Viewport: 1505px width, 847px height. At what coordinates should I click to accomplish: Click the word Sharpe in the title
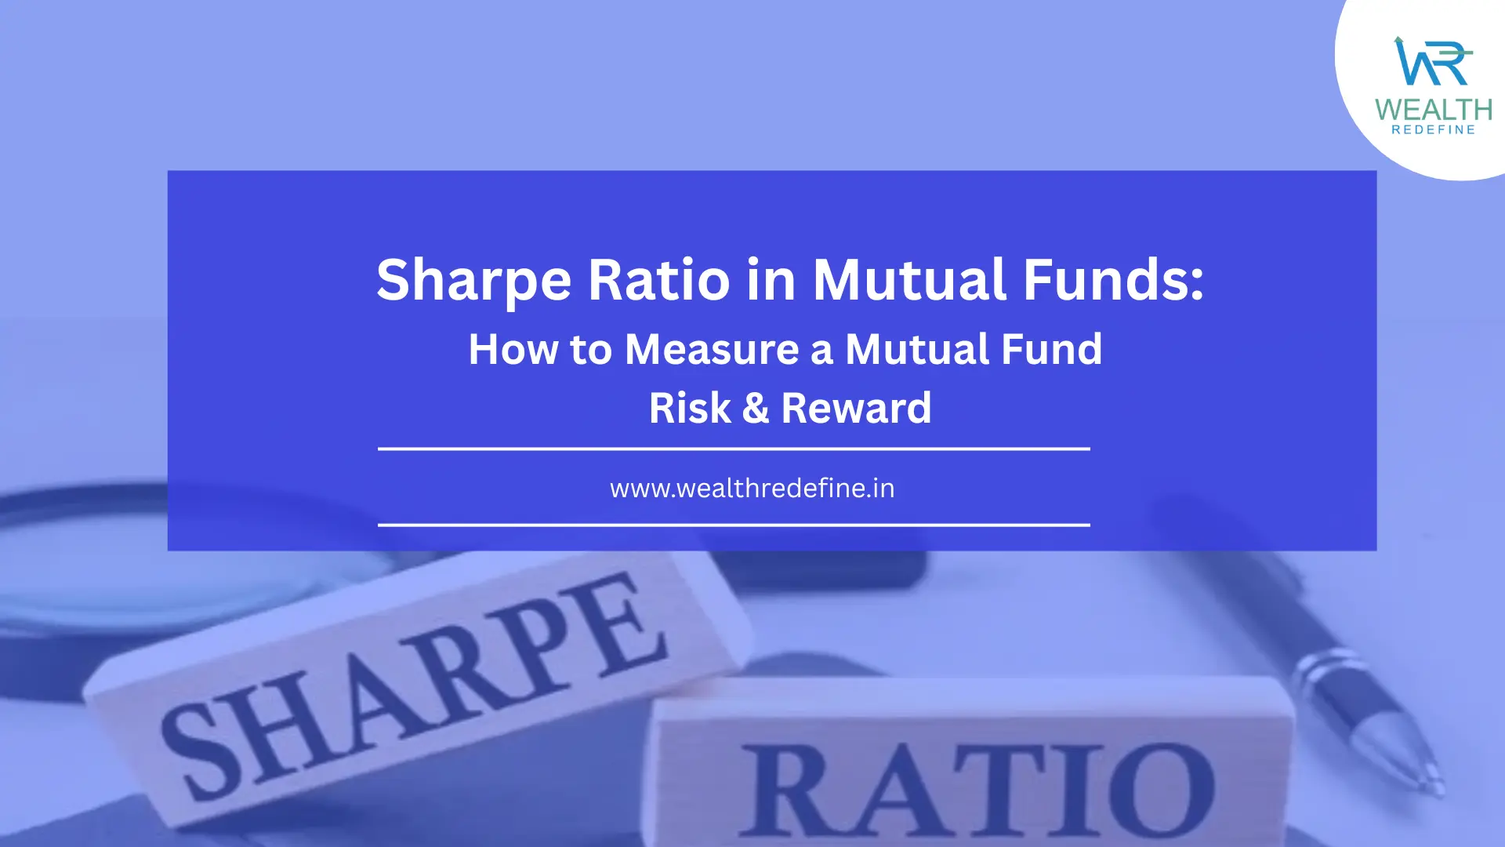[474, 281]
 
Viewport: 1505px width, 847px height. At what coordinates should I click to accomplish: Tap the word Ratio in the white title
[659, 279]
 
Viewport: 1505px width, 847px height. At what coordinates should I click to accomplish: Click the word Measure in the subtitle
[712, 349]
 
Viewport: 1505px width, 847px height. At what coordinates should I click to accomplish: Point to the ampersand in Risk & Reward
[755, 408]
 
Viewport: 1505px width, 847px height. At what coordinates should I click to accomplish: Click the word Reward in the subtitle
[856, 408]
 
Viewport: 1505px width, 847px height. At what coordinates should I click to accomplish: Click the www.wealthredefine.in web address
[752, 489]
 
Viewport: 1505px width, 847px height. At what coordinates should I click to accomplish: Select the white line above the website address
[734, 449]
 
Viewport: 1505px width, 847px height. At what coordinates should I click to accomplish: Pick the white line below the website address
[734, 525]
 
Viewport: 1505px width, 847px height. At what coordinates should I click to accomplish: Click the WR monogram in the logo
[1431, 61]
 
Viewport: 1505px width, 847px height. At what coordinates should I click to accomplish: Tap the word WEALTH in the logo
[1434, 110]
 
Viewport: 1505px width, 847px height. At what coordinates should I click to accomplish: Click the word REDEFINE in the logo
[1434, 130]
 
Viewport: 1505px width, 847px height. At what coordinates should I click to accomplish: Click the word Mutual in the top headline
[910, 279]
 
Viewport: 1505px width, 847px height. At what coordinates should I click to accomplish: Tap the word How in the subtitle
[513, 349]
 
